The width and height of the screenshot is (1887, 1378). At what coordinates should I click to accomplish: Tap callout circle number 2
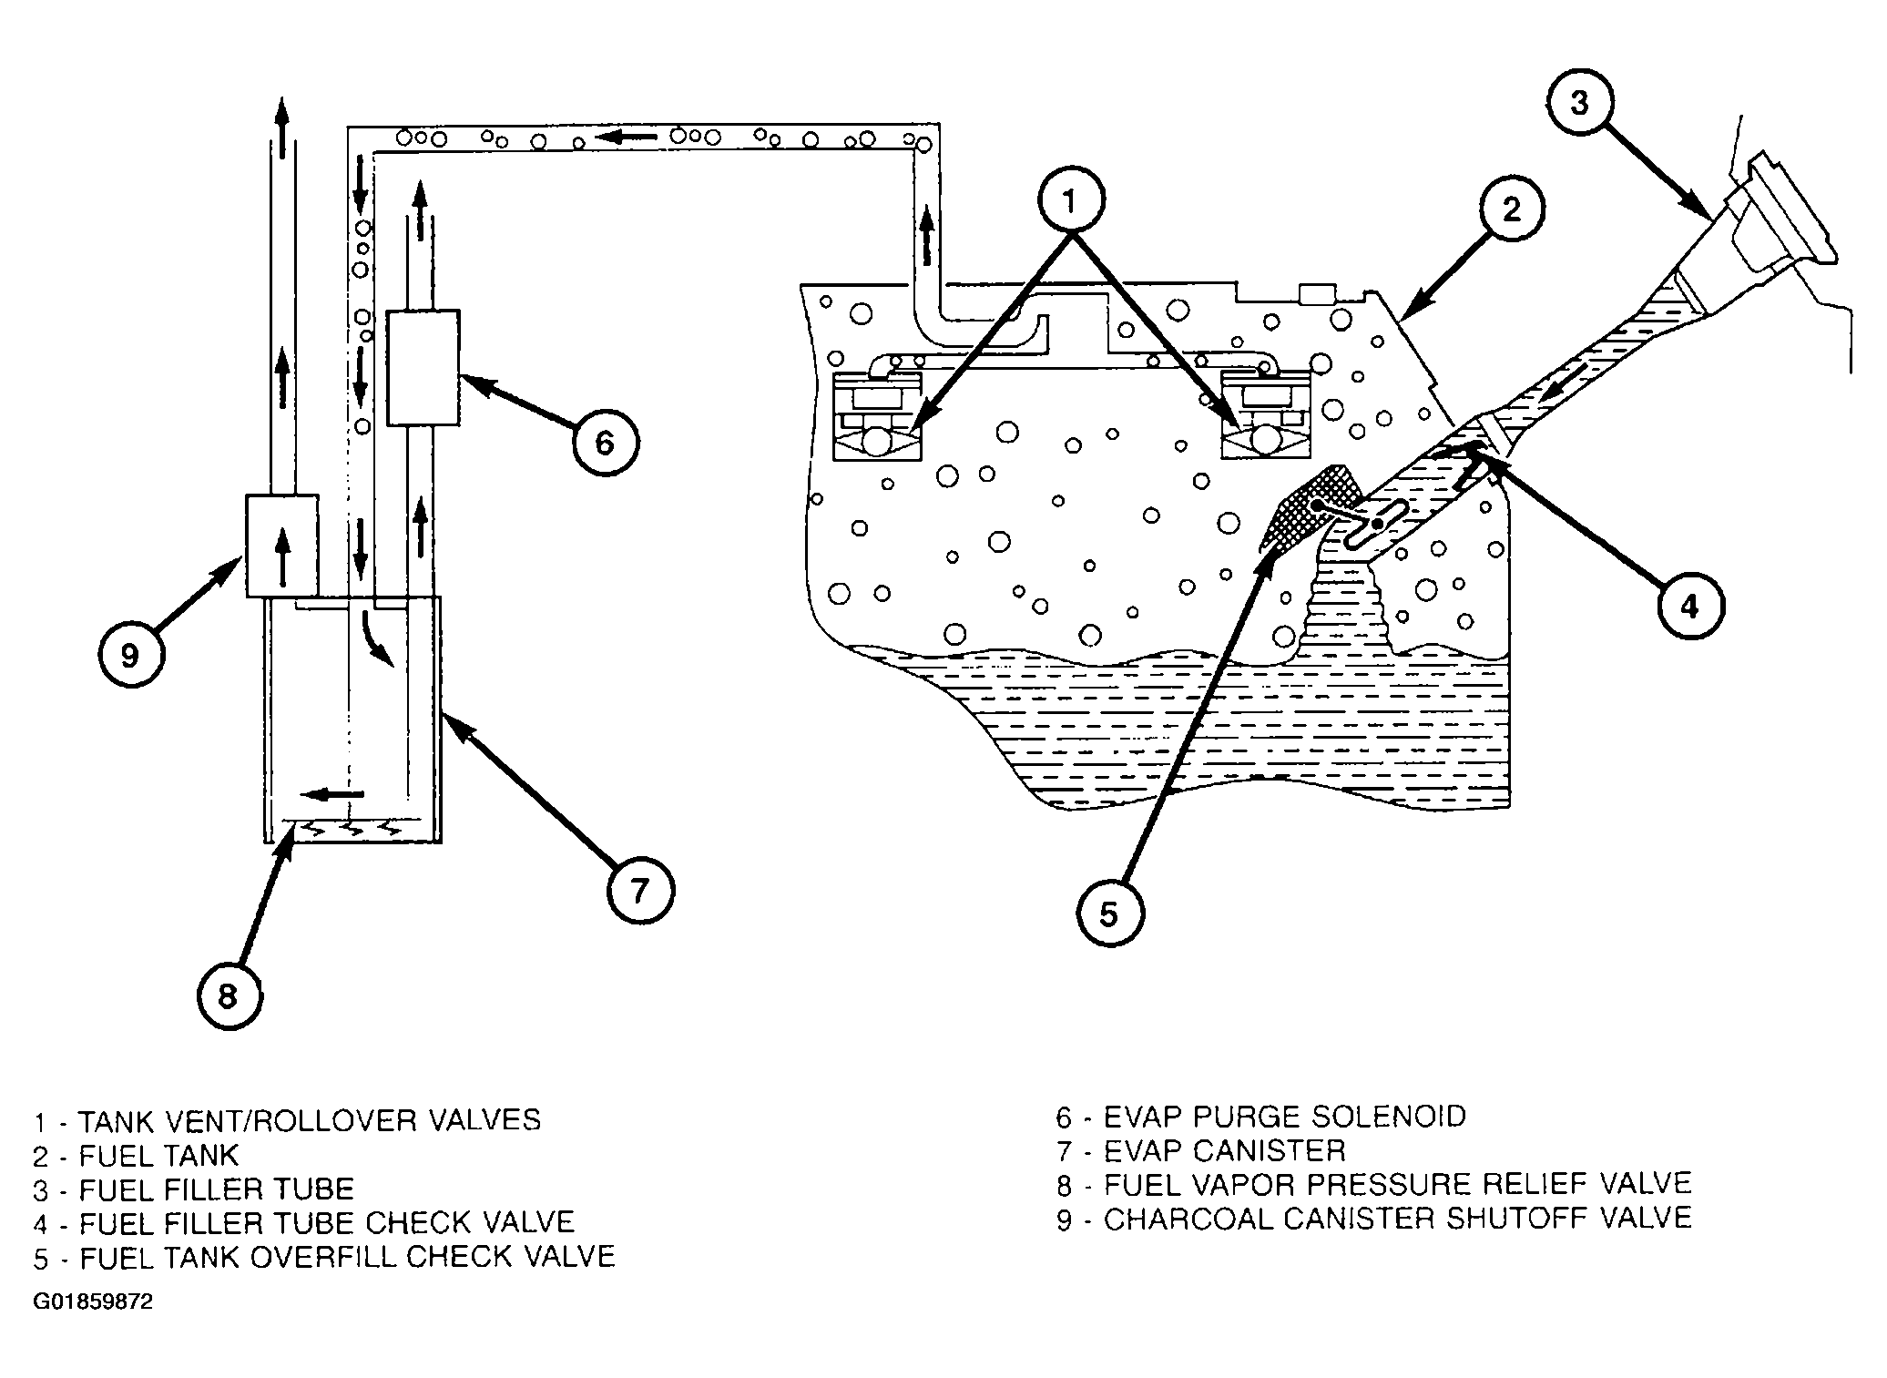[1511, 210]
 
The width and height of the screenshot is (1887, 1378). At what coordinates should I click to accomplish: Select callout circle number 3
[1579, 103]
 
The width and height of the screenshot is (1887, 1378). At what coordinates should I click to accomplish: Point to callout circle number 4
[1689, 606]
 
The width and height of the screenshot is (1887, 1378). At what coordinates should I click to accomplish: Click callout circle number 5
[1108, 914]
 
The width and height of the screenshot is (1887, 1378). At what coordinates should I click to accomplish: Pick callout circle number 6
[606, 444]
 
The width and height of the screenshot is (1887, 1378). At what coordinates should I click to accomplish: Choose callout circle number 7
[640, 890]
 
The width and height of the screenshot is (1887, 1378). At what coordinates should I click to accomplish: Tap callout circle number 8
[229, 996]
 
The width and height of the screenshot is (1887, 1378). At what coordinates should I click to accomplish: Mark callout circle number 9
[130, 655]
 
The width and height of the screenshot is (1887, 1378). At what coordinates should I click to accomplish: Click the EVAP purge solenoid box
[423, 367]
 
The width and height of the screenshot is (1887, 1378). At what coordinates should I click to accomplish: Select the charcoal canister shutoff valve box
[282, 546]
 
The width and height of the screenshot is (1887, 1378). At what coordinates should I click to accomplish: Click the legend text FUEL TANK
[158, 1155]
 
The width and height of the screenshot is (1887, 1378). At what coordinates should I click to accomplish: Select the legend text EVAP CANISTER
[1224, 1150]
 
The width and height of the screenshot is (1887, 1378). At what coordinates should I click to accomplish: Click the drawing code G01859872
[93, 1302]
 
